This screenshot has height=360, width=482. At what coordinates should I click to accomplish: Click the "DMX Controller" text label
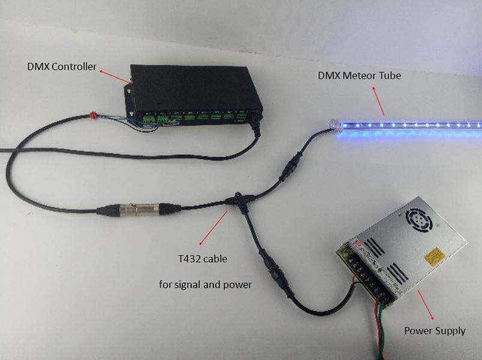(x=62, y=66)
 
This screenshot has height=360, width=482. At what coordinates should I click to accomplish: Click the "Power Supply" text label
(x=435, y=330)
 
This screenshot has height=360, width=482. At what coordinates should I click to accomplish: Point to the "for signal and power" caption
(x=206, y=285)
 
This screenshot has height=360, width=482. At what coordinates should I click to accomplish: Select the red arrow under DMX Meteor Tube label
(x=378, y=99)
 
